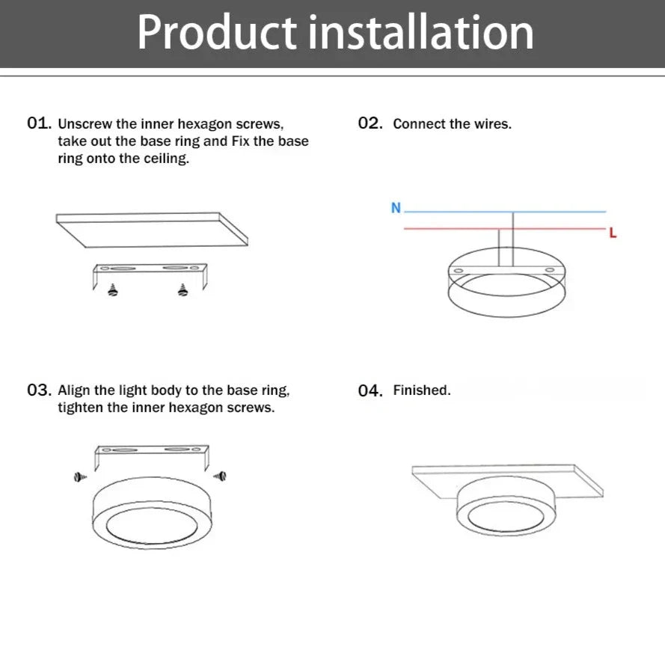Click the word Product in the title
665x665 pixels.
pyautogui.click(x=217, y=32)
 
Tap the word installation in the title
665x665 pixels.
pyautogui.click(x=420, y=32)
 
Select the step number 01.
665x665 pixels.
pyautogui.click(x=39, y=123)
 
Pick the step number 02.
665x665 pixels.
pyautogui.click(x=370, y=123)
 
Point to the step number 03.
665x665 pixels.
pyautogui.click(x=39, y=390)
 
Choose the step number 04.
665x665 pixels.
pyautogui.click(x=370, y=390)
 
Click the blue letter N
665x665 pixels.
pyautogui.click(x=396, y=208)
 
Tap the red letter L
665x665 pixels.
pyautogui.click(x=613, y=233)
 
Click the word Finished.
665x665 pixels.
pyautogui.click(x=422, y=390)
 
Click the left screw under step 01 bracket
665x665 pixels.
pyautogui.click(x=113, y=290)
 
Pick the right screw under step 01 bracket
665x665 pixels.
pyautogui.click(x=183, y=290)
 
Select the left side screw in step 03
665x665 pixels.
pyautogui.click(x=80, y=477)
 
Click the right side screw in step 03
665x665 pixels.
pyautogui.click(x=220, y=476)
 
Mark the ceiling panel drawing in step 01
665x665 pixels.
pyautogui.click(x=152, y=230)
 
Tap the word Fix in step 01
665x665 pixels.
pyautogui.click(x=240, y=141)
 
